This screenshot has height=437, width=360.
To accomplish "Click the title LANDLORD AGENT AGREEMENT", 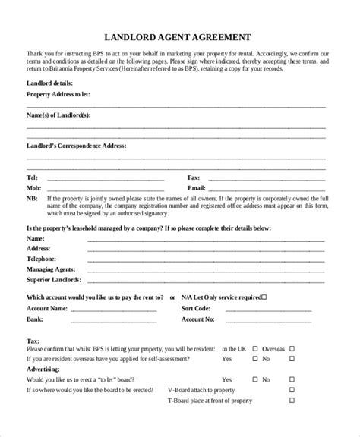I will tap(179, 36).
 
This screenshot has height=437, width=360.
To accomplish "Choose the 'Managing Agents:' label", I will tap(52, 269).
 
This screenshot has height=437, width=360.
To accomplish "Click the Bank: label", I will tap(35, 319).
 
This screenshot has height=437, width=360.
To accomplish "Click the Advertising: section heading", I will tap(45, 366).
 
